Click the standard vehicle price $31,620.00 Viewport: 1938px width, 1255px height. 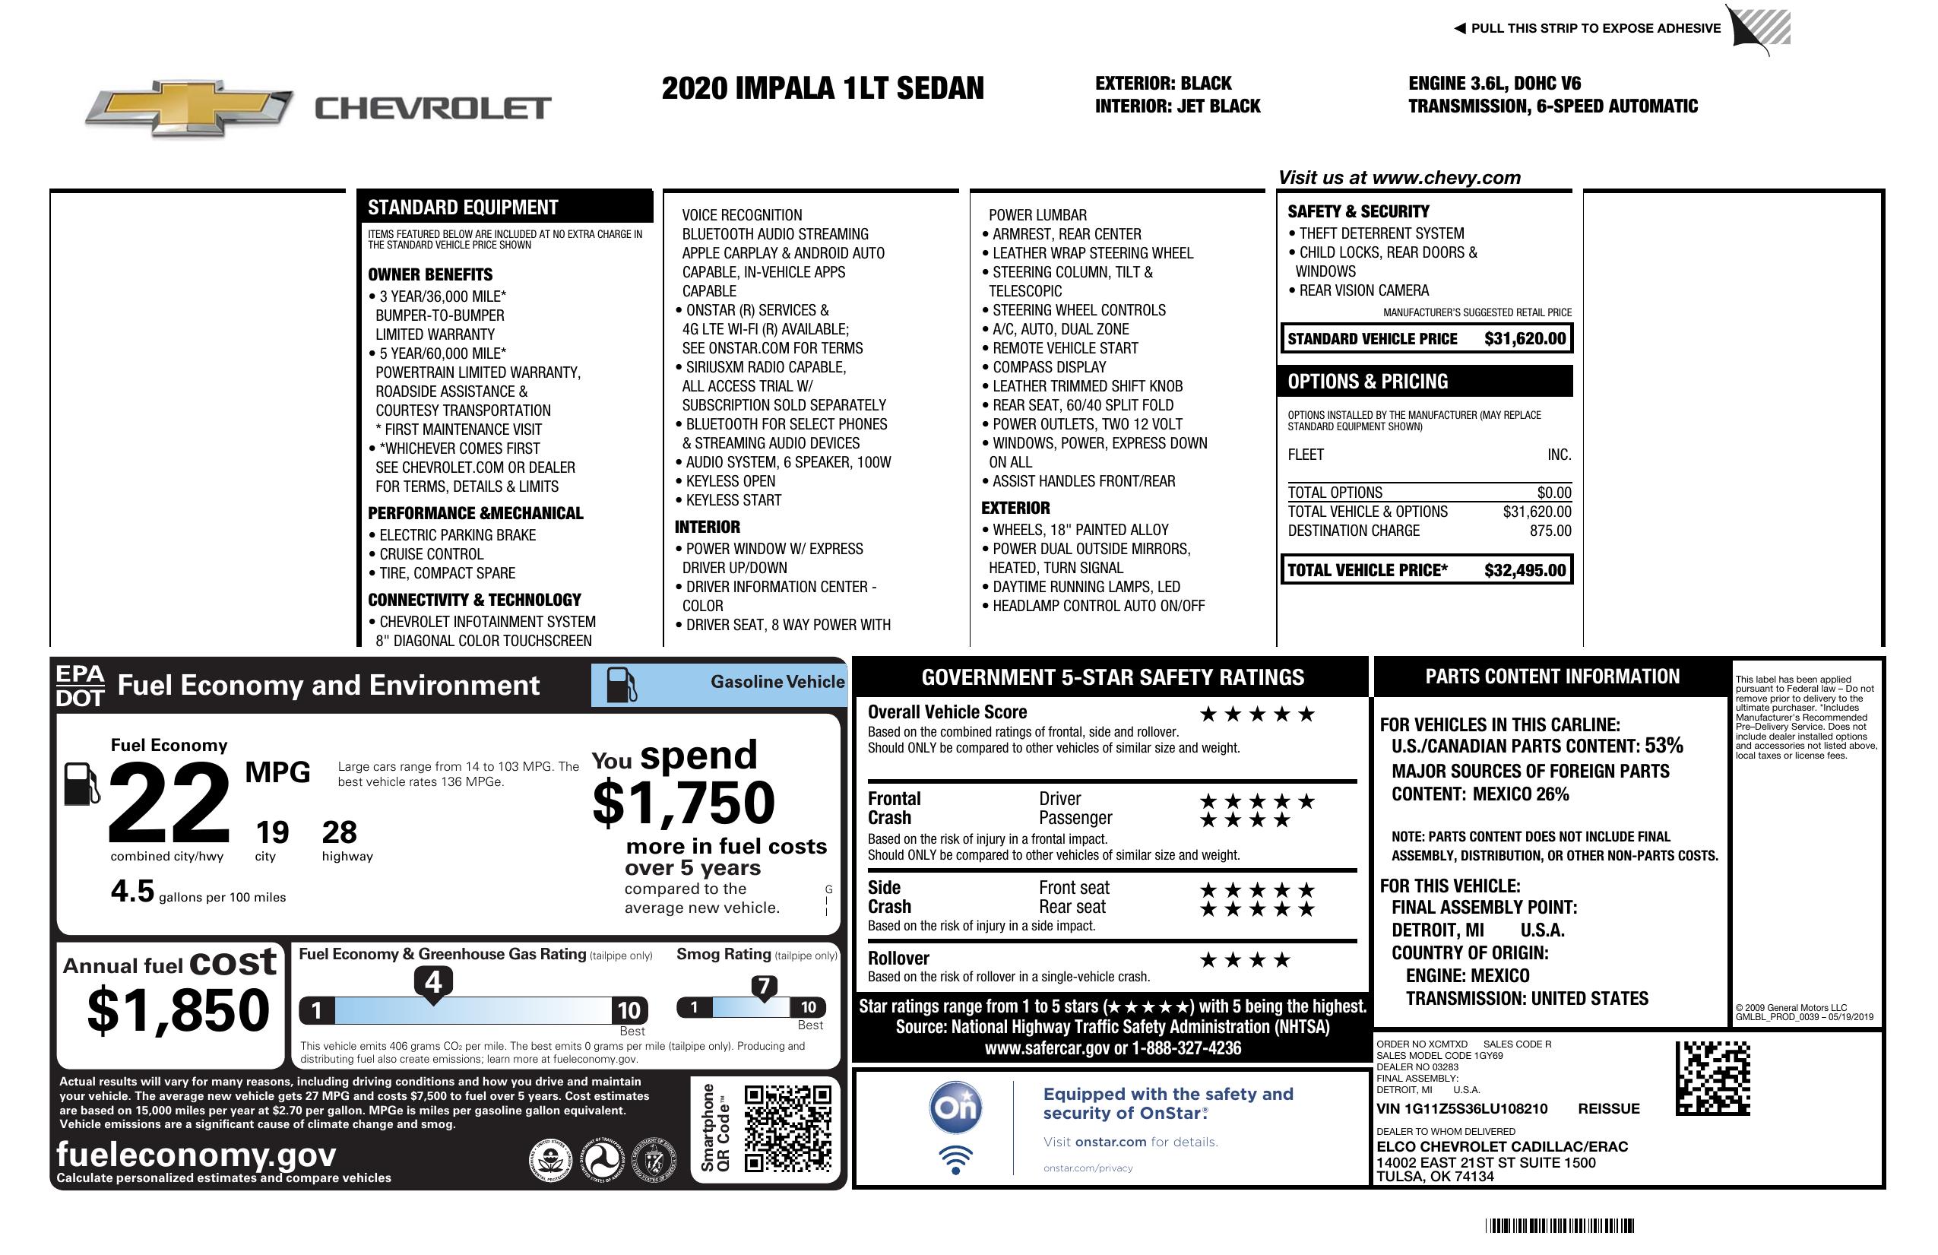pyautogui.click(x=1525, y=339)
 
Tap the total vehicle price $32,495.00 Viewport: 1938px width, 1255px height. pyautogui.click(x=1525, y=570)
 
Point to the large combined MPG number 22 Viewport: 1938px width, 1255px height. pyautogui.click(x=169, y=803)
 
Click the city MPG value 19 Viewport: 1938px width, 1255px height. pyautogui.click(x=272, y=832)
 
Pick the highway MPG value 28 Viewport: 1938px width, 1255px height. pyautogui.click(x=340, y=832)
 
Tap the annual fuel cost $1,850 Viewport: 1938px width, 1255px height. pyautogui.click(x=179, y=1011)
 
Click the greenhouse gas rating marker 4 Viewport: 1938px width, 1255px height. pyautogui.click(x=433, y=982)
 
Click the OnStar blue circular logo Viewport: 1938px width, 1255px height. pyautogui.click(x=956, y=1108)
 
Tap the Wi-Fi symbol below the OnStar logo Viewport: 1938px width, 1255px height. pyautogui.click(x=956, y=1160)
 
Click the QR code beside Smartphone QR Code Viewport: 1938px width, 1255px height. pyautogui.click(x=787, y=1128)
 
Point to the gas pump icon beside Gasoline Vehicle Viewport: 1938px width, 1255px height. pyautogui.click(x=622, y=685)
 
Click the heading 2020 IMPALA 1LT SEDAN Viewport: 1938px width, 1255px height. pyautogui.click(x=822, y=88)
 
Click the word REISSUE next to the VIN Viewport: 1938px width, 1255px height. pyautogui.click(x=1609, y=1109)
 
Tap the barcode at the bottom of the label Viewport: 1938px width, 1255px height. pyautogui.click(x=1560, y=1225)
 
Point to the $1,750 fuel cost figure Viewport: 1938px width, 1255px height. pyautogui.click(x=684, y=803)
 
